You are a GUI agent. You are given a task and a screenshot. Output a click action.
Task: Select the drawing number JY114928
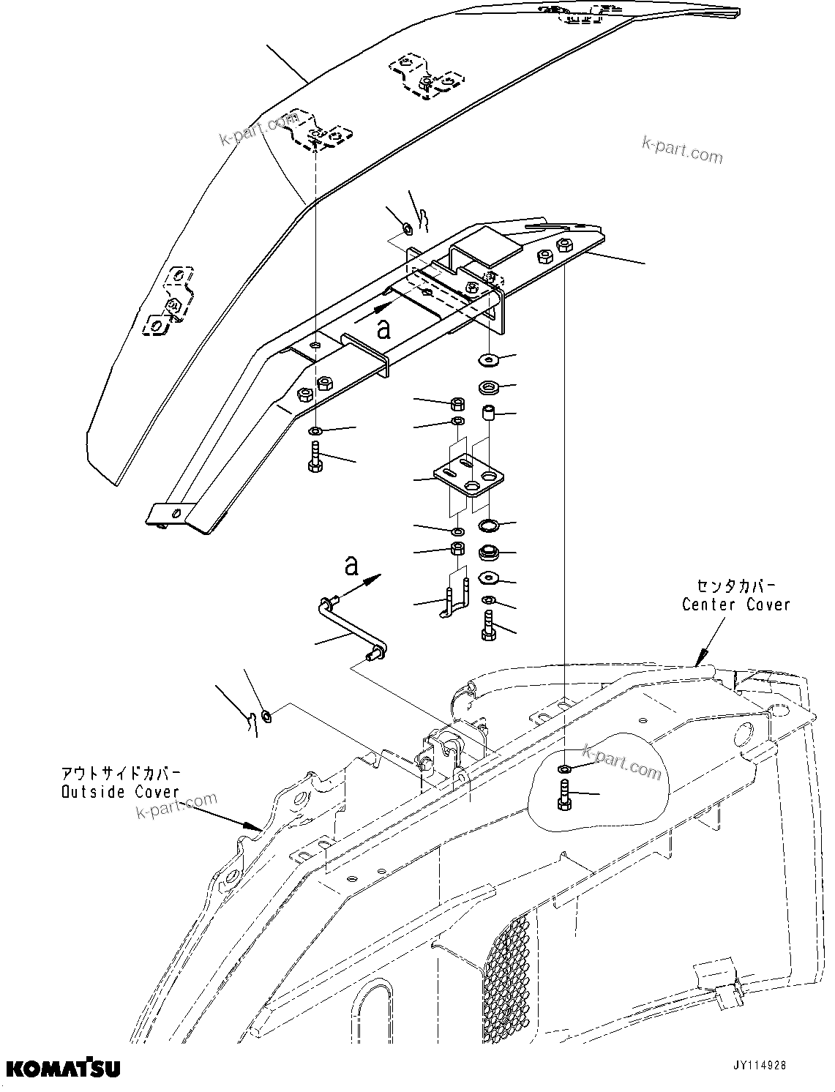(752, 1066)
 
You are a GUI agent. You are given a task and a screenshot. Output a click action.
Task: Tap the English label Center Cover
(735, 605)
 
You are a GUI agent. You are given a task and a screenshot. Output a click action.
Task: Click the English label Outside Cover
(120, 792)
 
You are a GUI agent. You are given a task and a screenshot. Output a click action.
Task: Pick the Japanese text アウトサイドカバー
(120, 774)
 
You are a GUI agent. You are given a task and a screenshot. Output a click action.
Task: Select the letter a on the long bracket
(383, 329)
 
